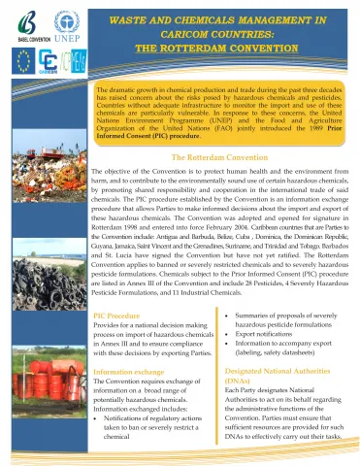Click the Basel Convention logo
click(x=20, y=24)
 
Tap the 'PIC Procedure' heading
click(x=121, y=316)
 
